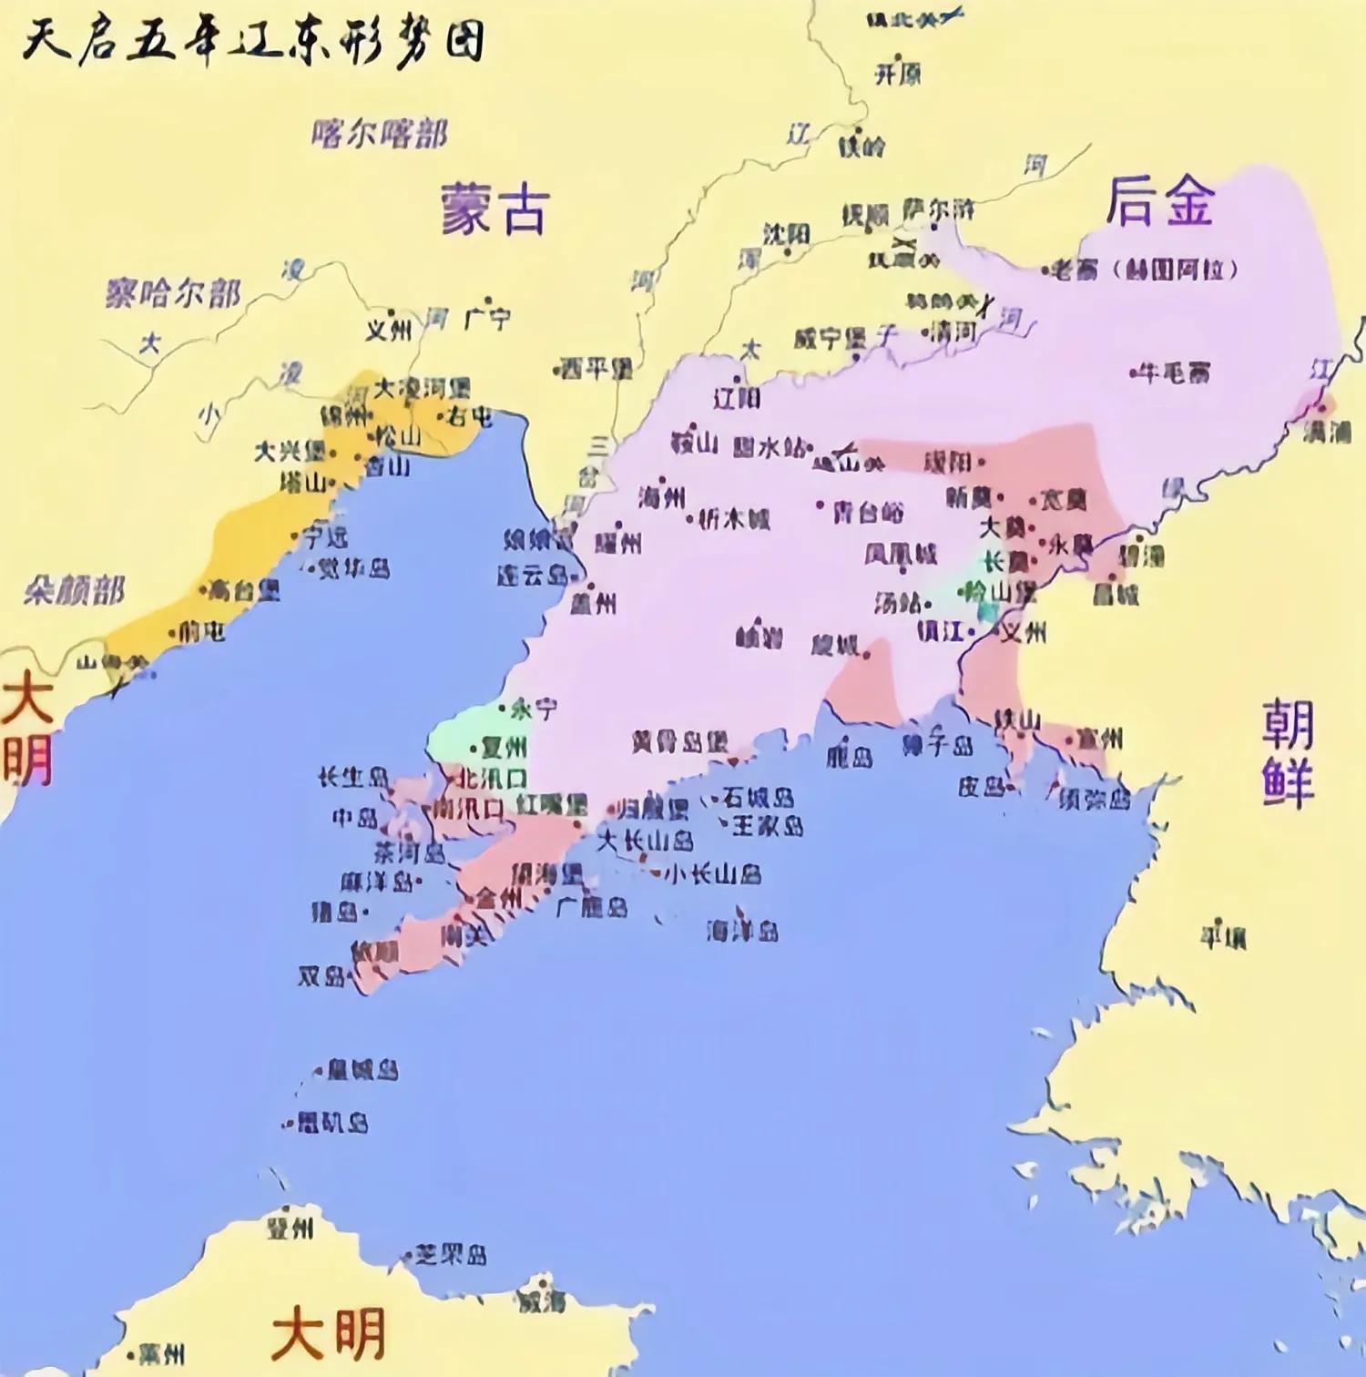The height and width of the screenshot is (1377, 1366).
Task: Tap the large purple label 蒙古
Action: pyautogui.click(x=494, y=209)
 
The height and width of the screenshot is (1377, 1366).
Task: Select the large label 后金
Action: pyautogui.click(x=1159, y=201)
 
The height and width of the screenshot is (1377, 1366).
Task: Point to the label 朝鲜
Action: pyautogui.click(x=1288, y=753)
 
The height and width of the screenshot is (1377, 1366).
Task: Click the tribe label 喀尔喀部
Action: pyautogui.click(x=379, y=134)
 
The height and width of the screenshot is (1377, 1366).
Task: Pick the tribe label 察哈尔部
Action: pyautogui.click(x=173, y=293)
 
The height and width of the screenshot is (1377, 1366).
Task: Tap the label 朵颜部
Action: pyautogui.click(x=74, y=591)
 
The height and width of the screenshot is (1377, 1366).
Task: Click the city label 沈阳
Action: pyautogui.click(x=786, y=234)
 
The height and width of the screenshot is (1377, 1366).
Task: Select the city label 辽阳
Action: pyautogui.click(x=737, y=397)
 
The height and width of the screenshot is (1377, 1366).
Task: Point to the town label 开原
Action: pyautogui.click(x=898, y=74)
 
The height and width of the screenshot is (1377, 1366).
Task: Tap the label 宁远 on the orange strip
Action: pyautogui.click(x=325, y=536)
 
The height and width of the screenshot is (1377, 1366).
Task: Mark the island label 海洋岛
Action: pyautogui.click(x=742, y=931)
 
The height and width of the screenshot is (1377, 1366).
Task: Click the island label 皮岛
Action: pyautogui.click(x=981, y=786)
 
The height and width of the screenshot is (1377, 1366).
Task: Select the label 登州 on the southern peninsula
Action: pyautogui.click(x=290, y=1229)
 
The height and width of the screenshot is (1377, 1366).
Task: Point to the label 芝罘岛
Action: pyautogui.click(x=450, y=1255)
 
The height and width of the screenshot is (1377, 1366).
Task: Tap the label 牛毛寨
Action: pyautogui.click(x=1175, y=372)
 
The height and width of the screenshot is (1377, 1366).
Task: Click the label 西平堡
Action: pyautogui.click(x=597, y=368)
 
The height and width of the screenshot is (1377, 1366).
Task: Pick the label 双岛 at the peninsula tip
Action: pyautogui.click(x=321, y=976)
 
